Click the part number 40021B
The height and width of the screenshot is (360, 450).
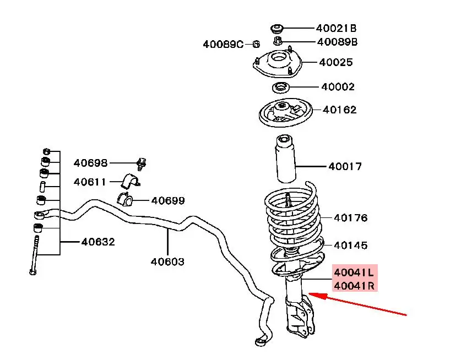click(336, 28)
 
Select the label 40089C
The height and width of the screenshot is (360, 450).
click(223, 44)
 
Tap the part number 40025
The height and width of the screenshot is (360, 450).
click(336, 62)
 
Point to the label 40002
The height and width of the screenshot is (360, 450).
click(338, 86)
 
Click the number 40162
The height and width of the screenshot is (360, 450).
click(339, 110)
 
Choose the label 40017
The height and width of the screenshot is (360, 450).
click(345, 166)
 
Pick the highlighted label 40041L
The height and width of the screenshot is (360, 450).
click(354, 272)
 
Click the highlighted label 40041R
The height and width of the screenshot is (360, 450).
click(354, 286)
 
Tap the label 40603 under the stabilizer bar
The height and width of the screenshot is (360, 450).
click(167, 261)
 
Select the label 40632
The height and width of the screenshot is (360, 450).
click(98, 242)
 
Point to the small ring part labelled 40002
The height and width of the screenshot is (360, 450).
click(280, 88)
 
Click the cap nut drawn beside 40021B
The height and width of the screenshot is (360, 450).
click(277, 29)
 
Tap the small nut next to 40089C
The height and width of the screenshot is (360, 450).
click(256, 44)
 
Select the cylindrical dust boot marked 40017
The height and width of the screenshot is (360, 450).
click(285, 159)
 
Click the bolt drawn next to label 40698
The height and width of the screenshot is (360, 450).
click(141, 164)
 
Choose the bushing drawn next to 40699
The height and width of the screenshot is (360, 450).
click(125, 199)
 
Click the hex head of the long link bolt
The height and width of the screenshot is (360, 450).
click(32, 271)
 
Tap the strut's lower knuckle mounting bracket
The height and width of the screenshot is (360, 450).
click(300, 315)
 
